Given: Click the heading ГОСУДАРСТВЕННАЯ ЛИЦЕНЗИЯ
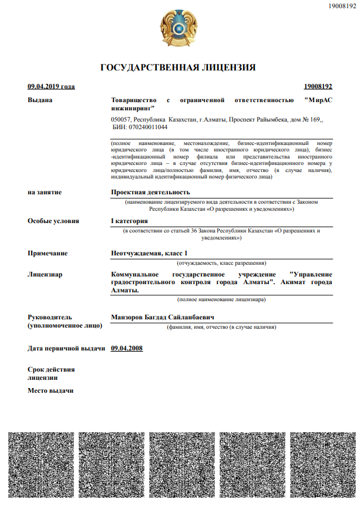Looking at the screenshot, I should point(178,68).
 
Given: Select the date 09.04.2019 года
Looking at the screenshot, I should point(51,87).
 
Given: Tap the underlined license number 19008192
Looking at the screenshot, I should point(318,87).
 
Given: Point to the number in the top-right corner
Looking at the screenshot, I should point(342,5).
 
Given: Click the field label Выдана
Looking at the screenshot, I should point(40,100).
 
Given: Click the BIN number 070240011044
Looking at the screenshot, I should point(146,127).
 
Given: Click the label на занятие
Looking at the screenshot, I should point(45,192).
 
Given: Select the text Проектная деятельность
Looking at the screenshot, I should point(150,192).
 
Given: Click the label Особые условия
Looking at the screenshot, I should point(53,221).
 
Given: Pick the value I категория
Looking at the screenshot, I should point(129,221).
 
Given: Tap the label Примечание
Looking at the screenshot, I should point(48,253).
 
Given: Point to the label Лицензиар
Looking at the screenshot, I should point(45,274).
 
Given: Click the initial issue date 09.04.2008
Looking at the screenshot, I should point(126,348).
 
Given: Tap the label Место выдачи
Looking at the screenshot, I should point(51,391).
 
